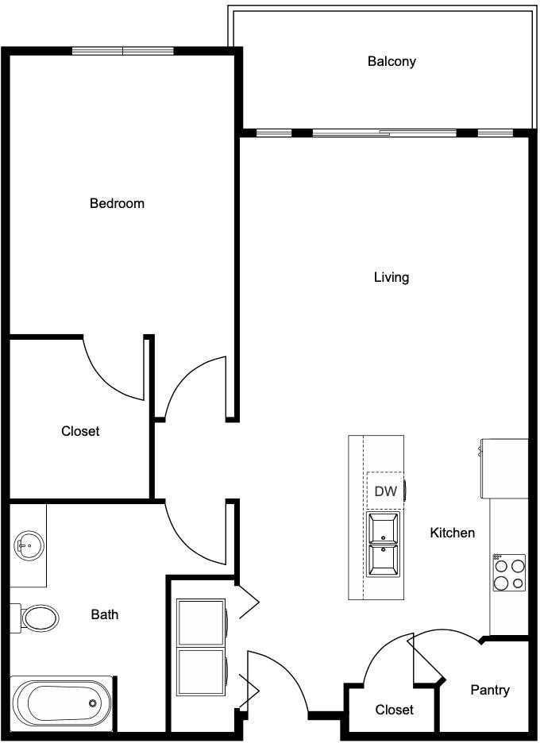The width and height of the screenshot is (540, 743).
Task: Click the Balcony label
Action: click(391, 61)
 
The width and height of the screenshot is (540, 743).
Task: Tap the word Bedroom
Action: click(117, 203)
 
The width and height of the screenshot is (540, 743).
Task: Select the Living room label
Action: click(391, 277)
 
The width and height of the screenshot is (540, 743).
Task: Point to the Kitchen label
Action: click(453, 533)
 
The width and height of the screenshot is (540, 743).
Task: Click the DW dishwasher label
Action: click(385, 492)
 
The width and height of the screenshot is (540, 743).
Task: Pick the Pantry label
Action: click(490, 690)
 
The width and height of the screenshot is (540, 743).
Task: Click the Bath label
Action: click(105, 614)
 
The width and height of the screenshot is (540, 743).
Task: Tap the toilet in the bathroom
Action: click(37, 617)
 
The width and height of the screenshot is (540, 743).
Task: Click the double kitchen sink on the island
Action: click(384, 545)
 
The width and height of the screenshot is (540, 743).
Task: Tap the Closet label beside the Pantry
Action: click(395, 709)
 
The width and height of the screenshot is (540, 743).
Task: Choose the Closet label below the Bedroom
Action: click(80, 431)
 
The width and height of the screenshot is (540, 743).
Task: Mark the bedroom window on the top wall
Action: click(123, 51)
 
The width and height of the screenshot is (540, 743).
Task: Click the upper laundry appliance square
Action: click(201, 622)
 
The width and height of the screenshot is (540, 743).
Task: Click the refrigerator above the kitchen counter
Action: click(504, 468)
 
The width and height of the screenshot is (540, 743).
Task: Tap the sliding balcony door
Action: click(385, 133)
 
